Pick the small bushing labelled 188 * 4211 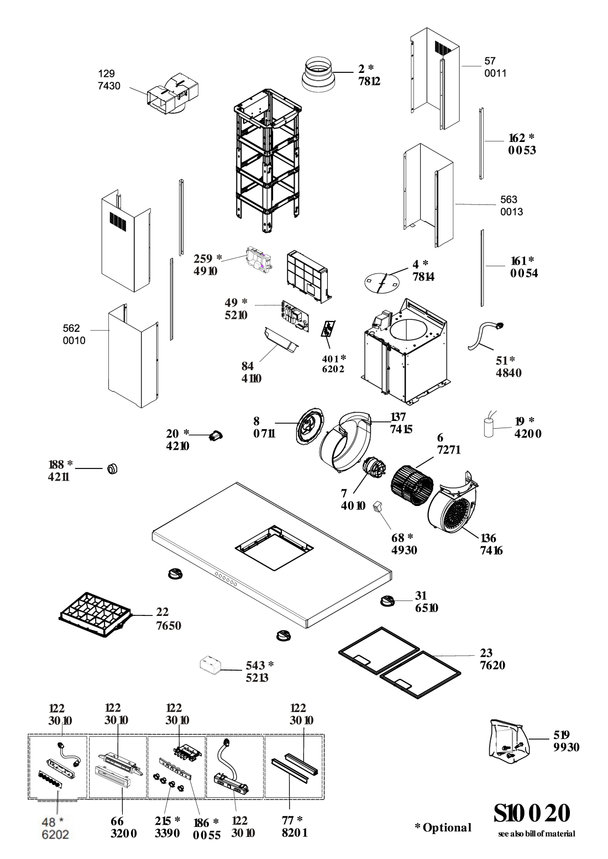(x=113, y=468)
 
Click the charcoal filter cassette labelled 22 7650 (x=96, y=613)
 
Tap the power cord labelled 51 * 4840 (x=487, y=335)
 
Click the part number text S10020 (x=531, y=814)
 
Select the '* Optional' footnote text (x=443, y=827)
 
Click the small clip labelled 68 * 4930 (x=378, y=506)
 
